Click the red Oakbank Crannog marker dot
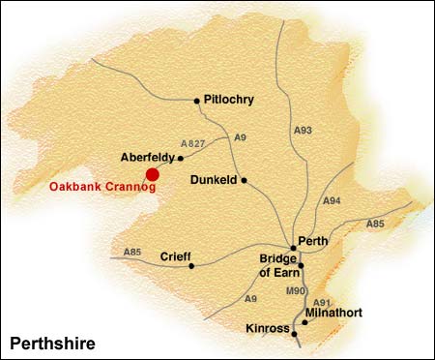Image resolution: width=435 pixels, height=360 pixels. [152, 174]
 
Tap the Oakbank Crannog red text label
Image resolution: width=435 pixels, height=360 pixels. [101, 188]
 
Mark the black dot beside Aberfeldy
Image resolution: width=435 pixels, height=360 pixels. [181, 156]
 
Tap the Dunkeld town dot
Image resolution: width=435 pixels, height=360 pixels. [245, 179]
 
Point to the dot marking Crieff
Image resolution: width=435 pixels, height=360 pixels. [191, 264]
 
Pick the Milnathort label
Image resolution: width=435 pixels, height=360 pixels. [333, 315]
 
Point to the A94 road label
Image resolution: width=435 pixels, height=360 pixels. [332, 200]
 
